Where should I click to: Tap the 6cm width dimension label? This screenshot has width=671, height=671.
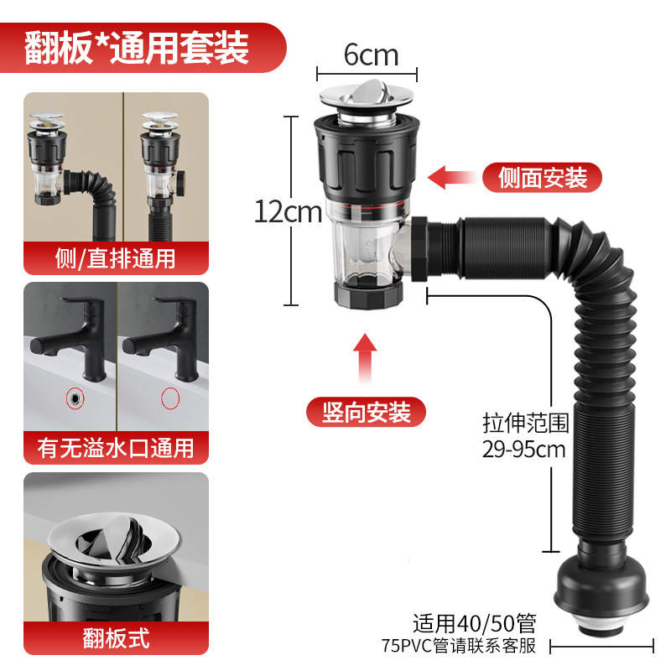371,55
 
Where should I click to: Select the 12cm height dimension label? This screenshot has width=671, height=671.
288,211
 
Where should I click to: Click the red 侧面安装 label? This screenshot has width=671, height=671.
542,177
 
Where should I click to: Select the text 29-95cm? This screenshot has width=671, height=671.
524,449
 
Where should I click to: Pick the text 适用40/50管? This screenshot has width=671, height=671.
473,623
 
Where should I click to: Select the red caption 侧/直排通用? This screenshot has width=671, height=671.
116,258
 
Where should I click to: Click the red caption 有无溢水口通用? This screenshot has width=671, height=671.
116,448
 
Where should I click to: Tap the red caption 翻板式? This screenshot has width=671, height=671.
116,638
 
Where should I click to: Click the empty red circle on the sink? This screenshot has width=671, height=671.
171,398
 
